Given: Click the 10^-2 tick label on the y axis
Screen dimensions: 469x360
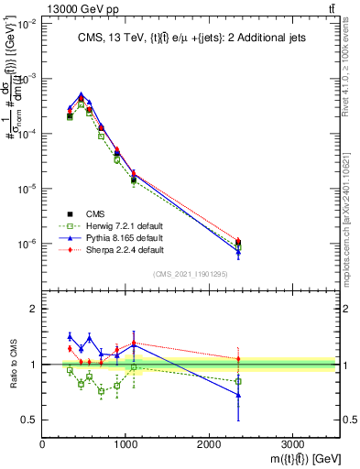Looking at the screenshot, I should (27, 24).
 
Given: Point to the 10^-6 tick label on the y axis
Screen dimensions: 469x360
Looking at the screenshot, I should (27, 245).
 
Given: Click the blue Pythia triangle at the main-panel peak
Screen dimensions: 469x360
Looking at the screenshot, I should (81, 94).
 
